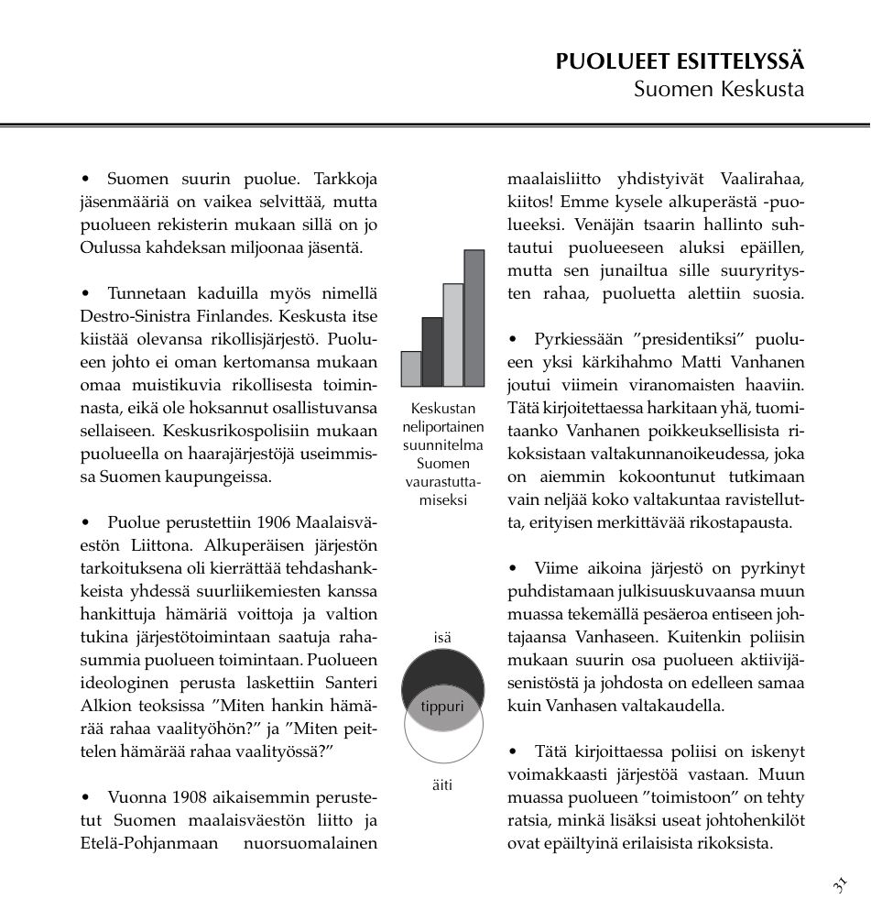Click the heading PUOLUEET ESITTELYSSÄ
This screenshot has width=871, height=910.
pyautogui.click(x=680, y=62)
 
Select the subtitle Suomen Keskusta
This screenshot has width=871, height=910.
pyautogui.click(x=718, y=90)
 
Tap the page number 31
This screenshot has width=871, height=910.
pyautogui.click(x=839, y=885)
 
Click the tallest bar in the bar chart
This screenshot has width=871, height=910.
pyautogui.click(x=474, y=318)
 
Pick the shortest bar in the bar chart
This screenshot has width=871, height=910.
pyautogui.click(x=411, y=368)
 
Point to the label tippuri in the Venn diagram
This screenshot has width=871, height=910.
pyautogui.click(x=442, y=707)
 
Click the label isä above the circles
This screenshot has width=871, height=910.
pyautogui.click(x=442, y=637)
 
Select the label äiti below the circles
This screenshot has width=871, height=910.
pyautogui.click(x=442, y=784)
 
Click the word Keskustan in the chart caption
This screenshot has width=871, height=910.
pyautogui.click(x=443, y=409)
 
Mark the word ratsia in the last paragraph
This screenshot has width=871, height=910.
pyautogui.click(x=528, y=820)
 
